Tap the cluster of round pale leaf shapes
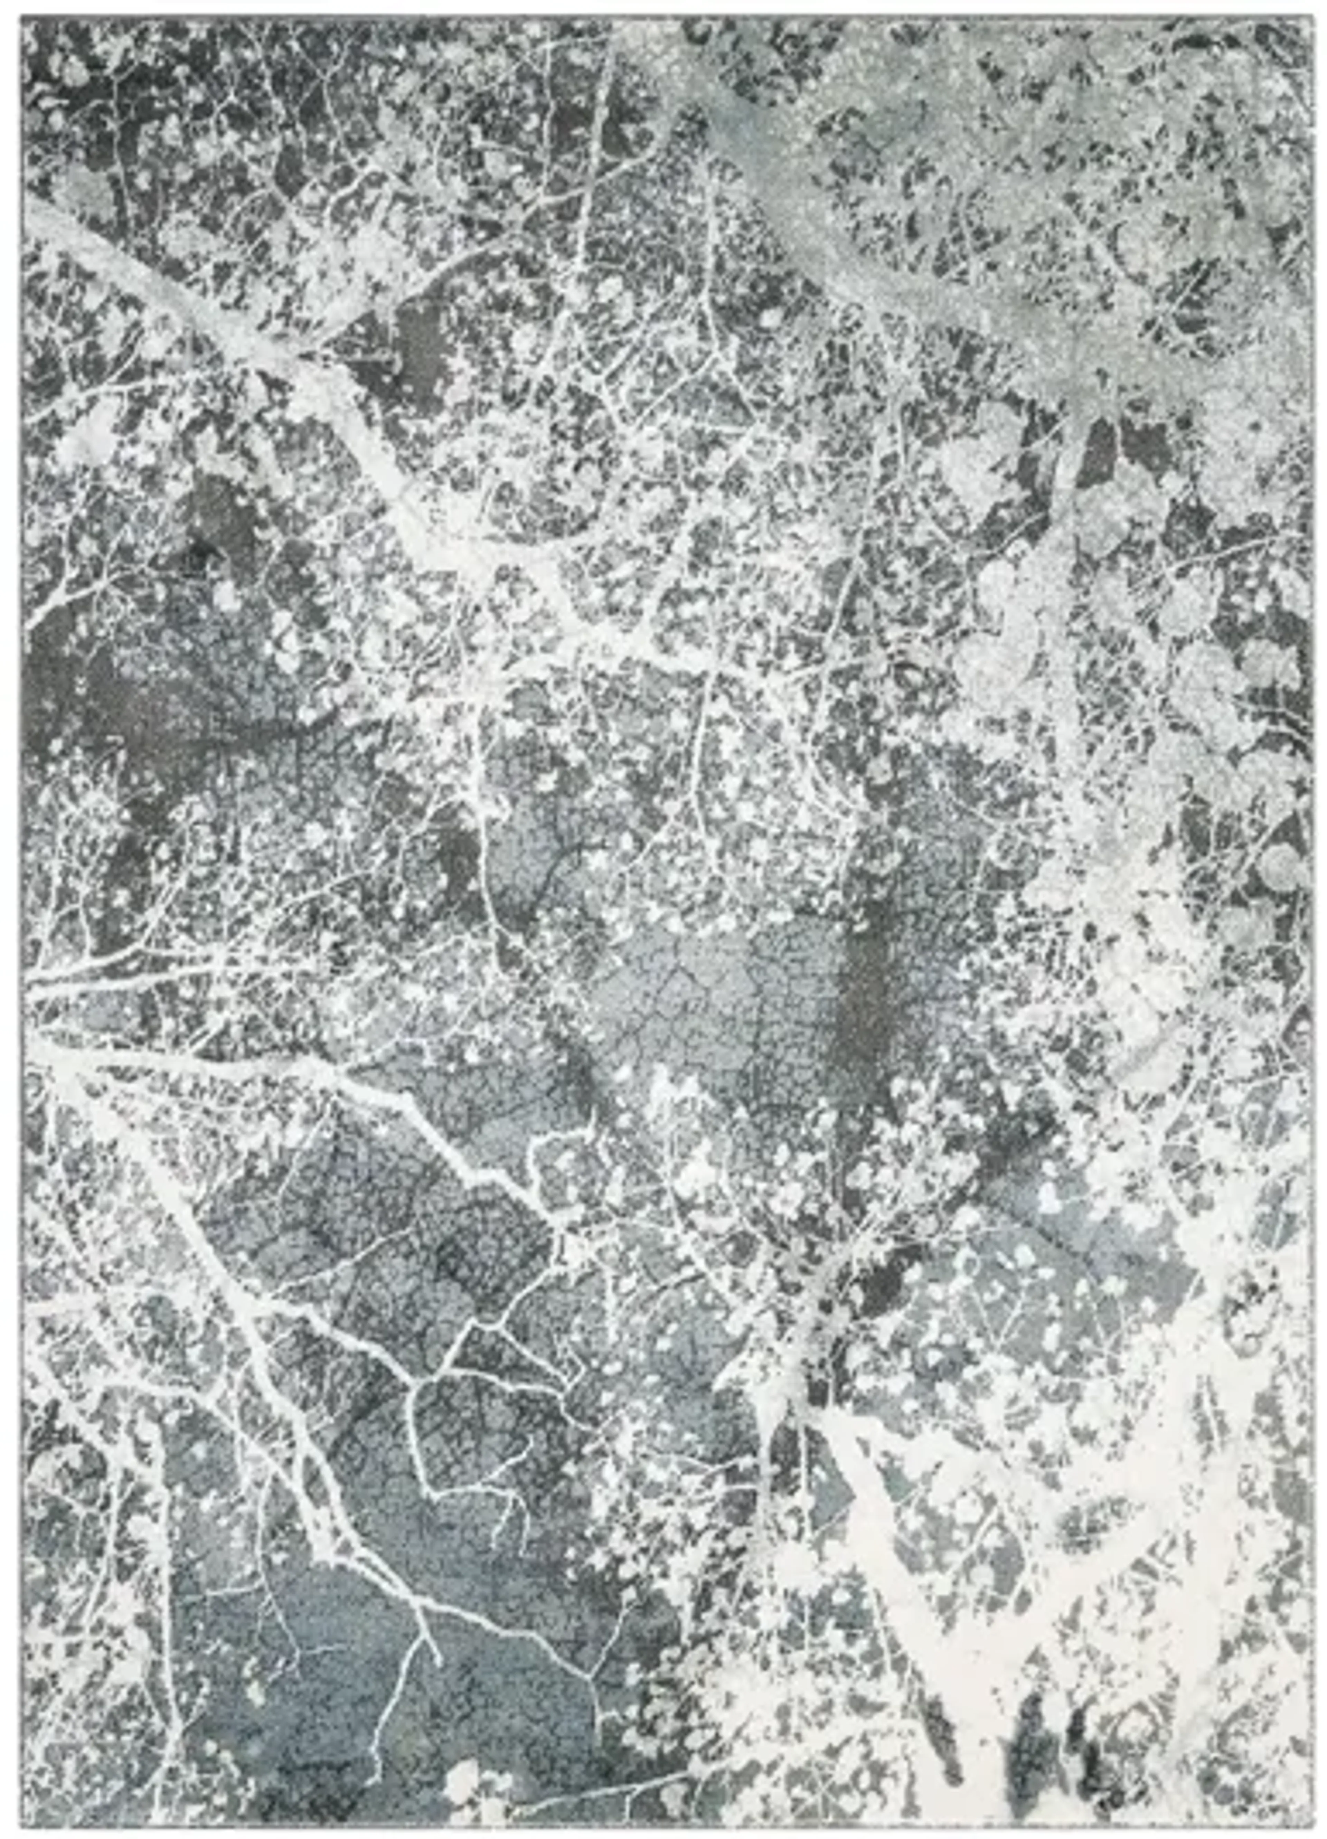pos(1217,689)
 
